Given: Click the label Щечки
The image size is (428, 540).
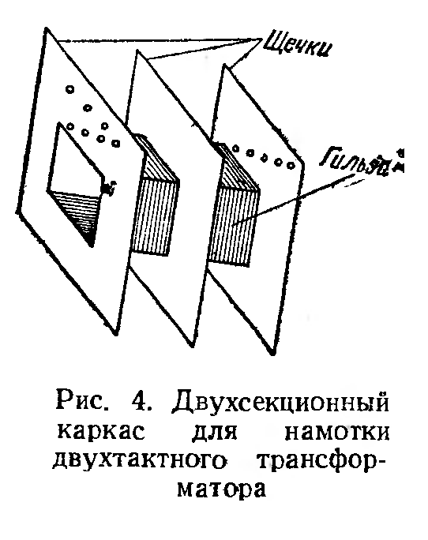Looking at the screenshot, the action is point(298,45).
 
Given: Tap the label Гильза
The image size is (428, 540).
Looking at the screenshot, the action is point(361,163).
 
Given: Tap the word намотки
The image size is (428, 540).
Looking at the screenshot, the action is point(336,433).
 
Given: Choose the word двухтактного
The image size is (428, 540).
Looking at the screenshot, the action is point(139,462).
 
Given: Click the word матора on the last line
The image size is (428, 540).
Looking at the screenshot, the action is point(222,490).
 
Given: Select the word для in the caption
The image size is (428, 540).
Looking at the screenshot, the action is point(215,433).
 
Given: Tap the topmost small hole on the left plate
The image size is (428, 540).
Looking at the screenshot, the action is point(70,89).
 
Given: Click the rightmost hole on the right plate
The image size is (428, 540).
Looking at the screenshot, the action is point(291,166).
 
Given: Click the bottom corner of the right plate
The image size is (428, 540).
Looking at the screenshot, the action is point(272,354).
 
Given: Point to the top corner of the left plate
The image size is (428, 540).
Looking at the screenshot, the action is point(46,28).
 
